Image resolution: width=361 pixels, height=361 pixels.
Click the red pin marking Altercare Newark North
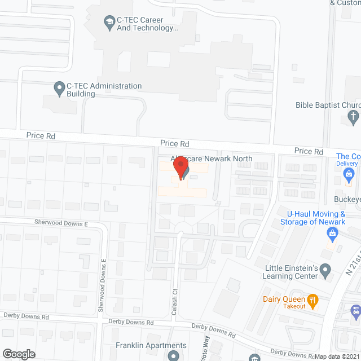[x=180, y=168]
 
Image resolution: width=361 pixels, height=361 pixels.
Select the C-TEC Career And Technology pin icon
[x=108, y=22]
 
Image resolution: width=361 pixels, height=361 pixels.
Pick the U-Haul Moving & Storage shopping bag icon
[x=333, y=232]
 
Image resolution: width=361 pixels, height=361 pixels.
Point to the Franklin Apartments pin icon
[x=173, y=355]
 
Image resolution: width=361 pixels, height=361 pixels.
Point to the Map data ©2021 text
[x=337, y=356]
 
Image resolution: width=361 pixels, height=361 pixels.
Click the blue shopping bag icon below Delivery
[x=349, y=179]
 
